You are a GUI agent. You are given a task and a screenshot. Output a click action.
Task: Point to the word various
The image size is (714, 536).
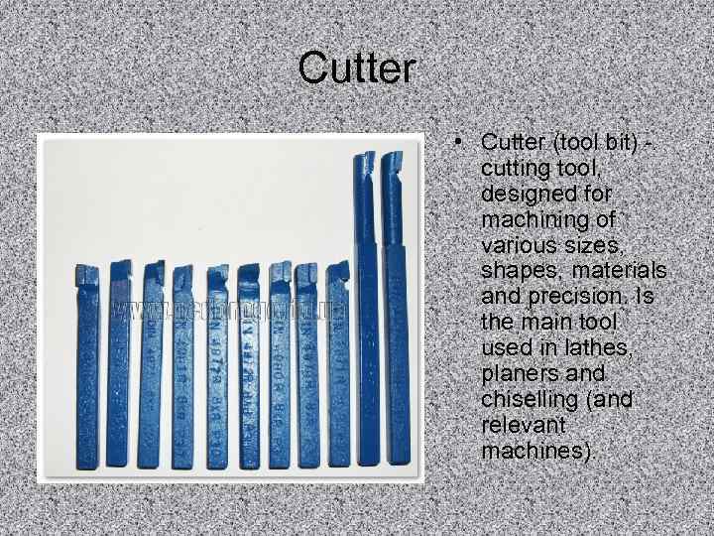520,244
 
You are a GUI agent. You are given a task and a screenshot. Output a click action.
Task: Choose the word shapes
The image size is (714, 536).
519,270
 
